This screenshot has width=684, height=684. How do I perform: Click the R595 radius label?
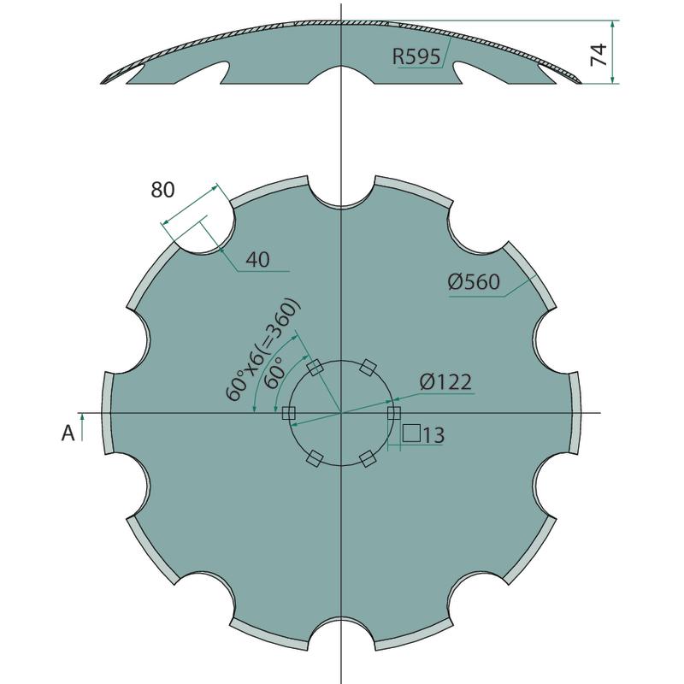pos(416,56)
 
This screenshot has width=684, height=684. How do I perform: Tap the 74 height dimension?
pos(598,55)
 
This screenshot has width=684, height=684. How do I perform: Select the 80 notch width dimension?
pos(162,190)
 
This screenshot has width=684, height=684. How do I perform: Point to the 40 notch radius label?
pos(258,260)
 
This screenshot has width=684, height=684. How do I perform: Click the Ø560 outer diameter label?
pos(474,282)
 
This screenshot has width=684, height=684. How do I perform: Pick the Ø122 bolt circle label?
pos(445,382)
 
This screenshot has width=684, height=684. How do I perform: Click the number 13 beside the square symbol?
pos(433,435)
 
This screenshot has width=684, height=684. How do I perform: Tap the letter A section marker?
pos(68,433)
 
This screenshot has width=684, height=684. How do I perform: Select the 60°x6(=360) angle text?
pos(262,351)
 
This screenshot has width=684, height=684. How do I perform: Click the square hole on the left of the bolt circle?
pos(289,413)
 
